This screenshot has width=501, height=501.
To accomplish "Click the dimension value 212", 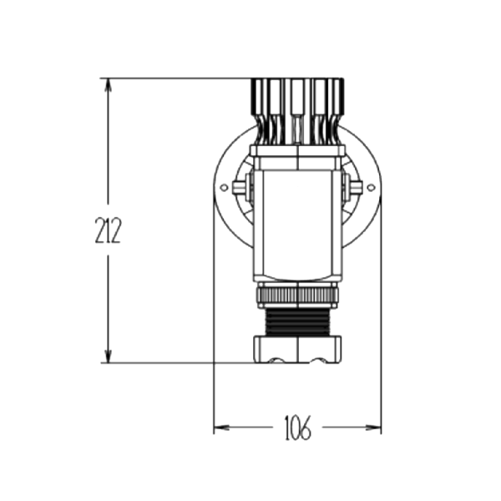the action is pos(108,230).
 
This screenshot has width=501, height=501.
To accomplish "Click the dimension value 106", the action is pos(297,428).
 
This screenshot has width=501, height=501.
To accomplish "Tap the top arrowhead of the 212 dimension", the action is pos(109,86).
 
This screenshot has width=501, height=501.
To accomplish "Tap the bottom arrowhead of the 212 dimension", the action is pos(109,356).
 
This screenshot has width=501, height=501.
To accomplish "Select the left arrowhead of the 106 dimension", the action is pos(221,428).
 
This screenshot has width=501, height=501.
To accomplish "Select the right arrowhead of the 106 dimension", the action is pos(373,428).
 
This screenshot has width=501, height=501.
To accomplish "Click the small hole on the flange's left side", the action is pos(225,188).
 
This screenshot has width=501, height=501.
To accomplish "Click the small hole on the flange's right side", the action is pos(371,188).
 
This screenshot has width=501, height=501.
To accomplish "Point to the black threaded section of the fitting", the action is pos(297,322).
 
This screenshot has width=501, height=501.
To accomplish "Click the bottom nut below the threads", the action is pos(297,349).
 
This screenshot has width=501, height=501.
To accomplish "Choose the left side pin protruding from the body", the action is pos(240,188).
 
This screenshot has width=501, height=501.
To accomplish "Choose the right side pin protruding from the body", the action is pos(356,188).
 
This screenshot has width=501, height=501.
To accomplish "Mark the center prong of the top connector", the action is pos(296,112).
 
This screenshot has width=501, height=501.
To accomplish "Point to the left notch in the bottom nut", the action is pos(276,361).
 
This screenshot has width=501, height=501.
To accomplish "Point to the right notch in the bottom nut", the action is pos(318,361).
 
